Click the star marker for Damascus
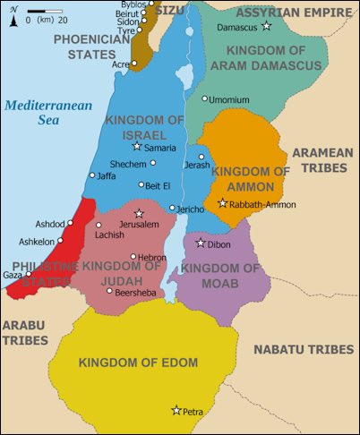[266, 26]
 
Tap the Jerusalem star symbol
[139, 213]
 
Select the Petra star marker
[176, 410]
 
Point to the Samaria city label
[160, 148]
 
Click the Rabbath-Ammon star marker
[223, 203]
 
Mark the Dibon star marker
[200, 243]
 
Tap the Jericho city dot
[172, 208]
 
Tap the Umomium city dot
[204, 98]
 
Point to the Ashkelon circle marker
[60, 241]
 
